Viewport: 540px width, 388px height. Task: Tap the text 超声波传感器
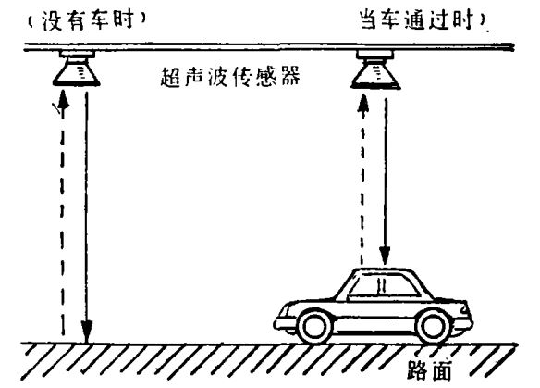(x=230, y=76)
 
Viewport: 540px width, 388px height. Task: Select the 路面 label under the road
(x=429, y=370)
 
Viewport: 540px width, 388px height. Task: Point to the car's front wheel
(x=314, y=326)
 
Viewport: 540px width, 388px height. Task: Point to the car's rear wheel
(x=434, y=326)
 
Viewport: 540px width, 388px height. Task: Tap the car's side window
(x=383, y=285)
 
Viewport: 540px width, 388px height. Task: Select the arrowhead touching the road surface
(x=87, y=332)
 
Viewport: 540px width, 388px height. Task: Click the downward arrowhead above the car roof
(x=385, y=256)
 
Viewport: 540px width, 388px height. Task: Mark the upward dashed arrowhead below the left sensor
(x=63, y=99)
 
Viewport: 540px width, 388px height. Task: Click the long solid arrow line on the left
(x=86, y=218)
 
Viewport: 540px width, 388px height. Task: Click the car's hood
(x=310, y=302)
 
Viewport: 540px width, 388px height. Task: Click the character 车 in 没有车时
(x=99, y=19)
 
